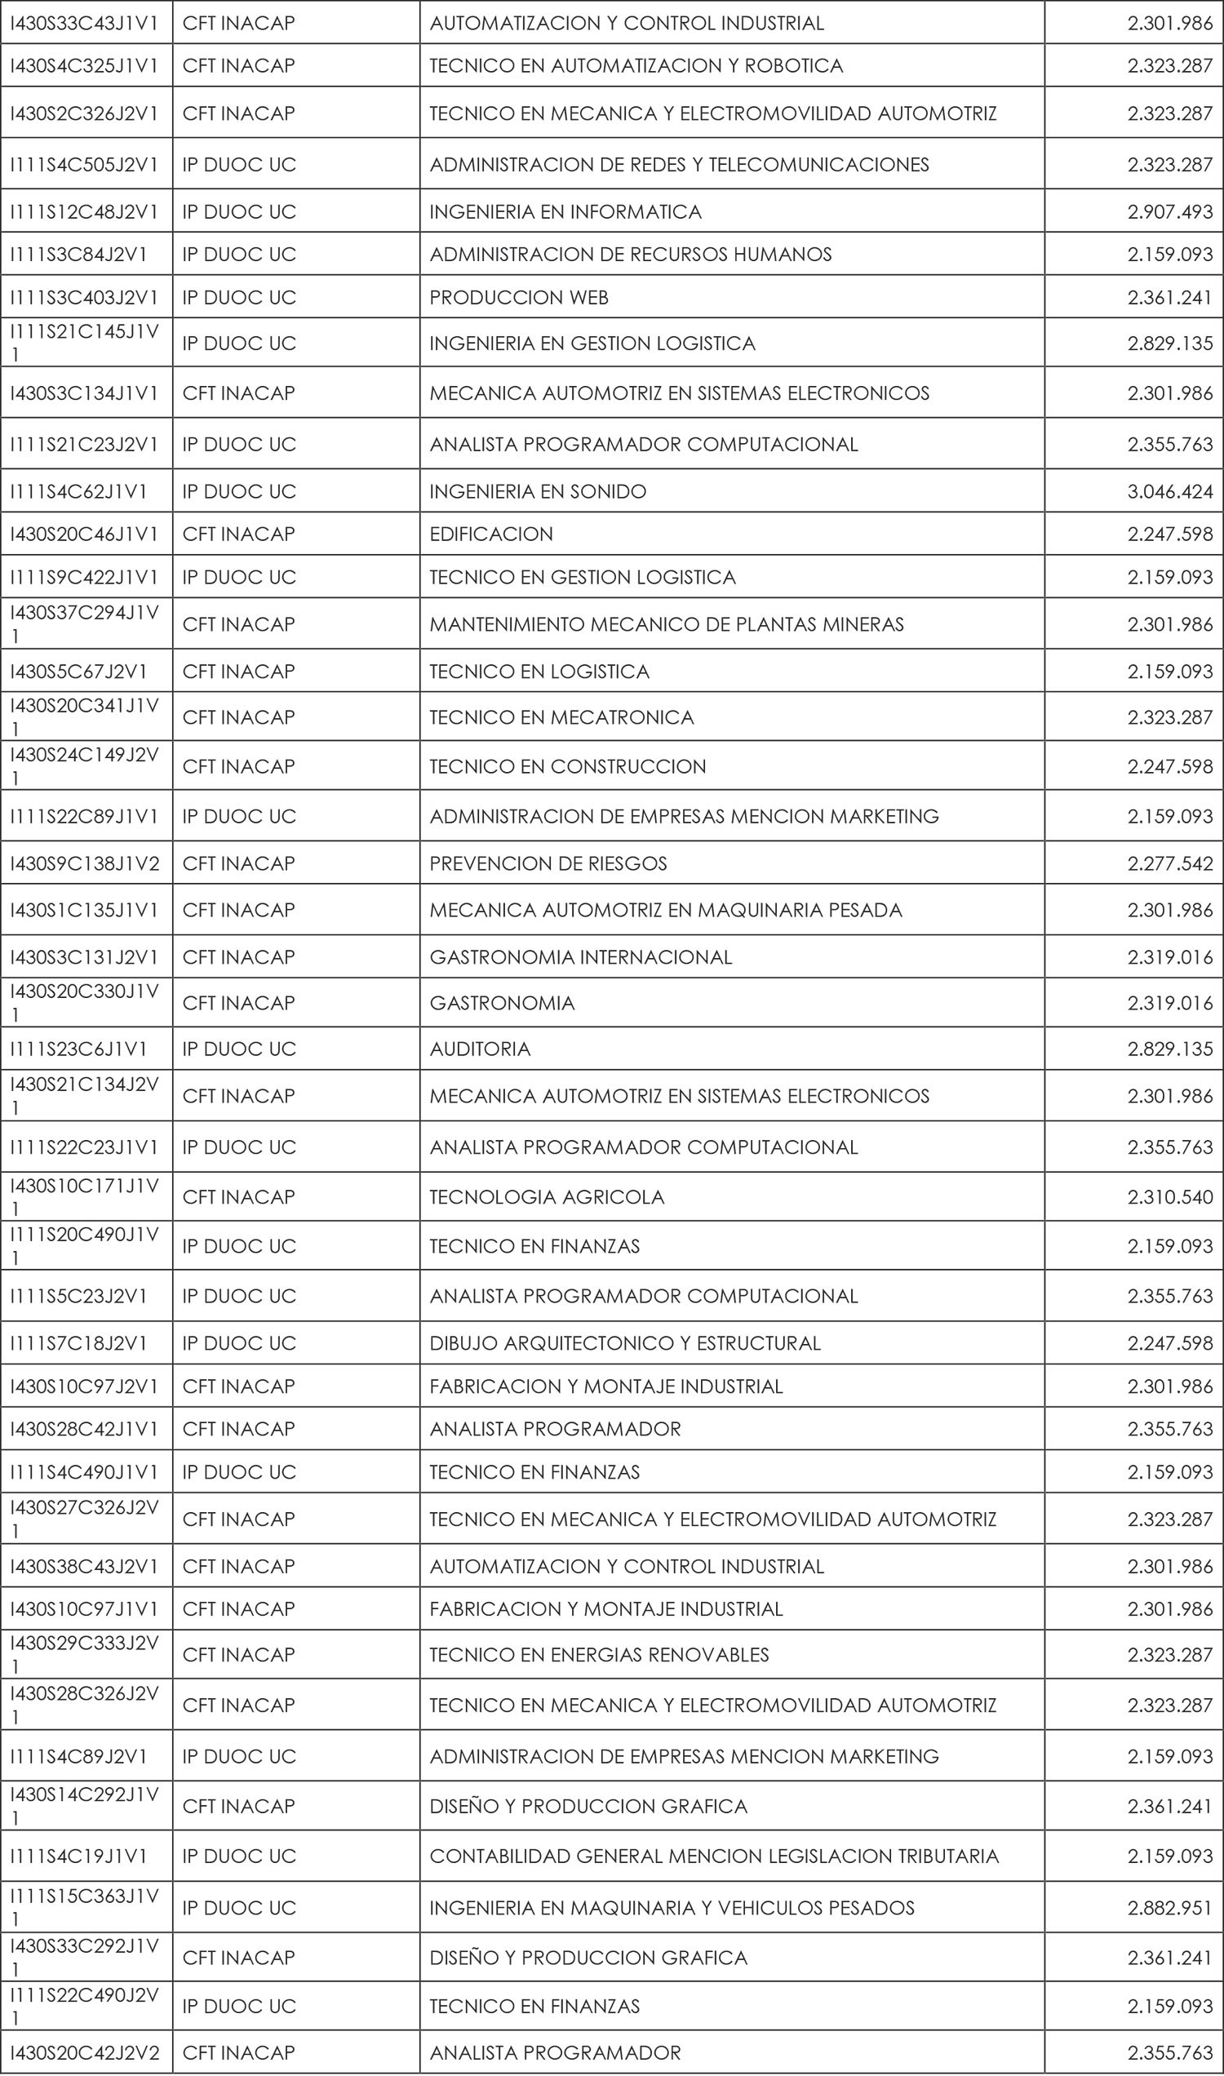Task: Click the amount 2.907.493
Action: [x=1169, y=212]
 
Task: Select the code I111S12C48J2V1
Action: [x=84, y=212]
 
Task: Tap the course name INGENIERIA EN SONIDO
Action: [x=538, y=491]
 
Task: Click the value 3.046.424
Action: [x=1169, y=491]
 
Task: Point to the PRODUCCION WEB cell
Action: [x=519, y=298]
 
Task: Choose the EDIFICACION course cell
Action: [x=491, y=535]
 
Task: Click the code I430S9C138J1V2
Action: [x=85, y=863]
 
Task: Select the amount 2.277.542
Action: [x=1169, y=863]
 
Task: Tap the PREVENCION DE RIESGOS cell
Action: [x=548, y=863]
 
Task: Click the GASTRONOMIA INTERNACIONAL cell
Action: [x=581, y=957]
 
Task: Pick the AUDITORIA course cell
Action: [x=480, y=1049]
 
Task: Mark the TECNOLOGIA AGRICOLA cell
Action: [x=547, y=1198]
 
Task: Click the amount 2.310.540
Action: [x=1169, y=1198]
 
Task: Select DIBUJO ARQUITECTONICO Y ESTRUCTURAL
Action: [x=625, y=1343]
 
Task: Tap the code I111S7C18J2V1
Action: [x=78, y=1343]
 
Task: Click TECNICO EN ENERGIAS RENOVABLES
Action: [x=600, y=1655]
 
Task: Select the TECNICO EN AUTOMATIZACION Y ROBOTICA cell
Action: [x=636, y=66]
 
